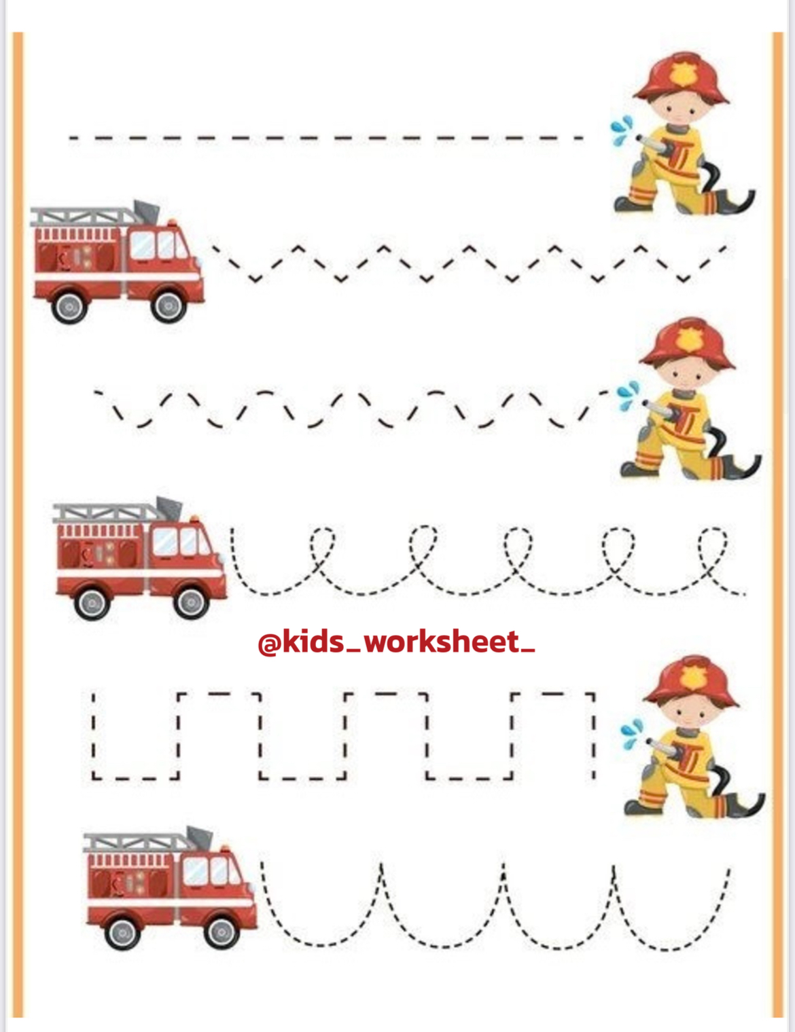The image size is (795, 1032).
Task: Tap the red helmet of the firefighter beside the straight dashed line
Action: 682,78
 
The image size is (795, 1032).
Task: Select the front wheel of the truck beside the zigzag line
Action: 169,306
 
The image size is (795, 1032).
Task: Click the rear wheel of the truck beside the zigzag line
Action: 69,307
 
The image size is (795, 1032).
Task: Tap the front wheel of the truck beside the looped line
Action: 191,602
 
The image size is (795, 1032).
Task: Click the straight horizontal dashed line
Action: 326,139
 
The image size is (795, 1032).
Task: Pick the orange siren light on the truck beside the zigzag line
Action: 171,223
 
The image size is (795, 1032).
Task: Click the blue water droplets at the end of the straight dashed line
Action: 622,129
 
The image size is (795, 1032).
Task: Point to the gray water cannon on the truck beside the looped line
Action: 169,508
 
